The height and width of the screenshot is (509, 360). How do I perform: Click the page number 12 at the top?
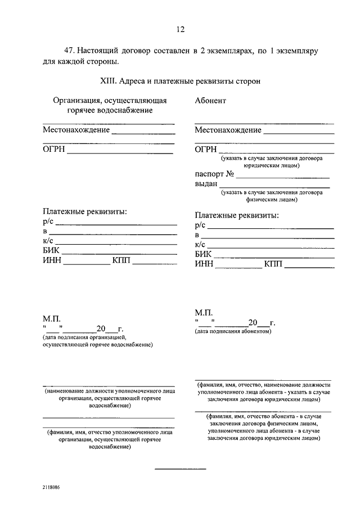tap(180, 30)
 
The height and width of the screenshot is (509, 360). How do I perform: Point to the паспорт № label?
tap(214, 174)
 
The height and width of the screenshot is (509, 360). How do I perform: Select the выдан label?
tap(206, 183)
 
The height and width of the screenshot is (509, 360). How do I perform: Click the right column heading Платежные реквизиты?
tap(237, 215)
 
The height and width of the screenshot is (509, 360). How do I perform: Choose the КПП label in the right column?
tap(273, 263)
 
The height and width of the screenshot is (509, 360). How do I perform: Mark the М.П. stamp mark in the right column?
tap(203, 313)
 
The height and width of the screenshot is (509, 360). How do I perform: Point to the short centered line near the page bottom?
tap(180, 469)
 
